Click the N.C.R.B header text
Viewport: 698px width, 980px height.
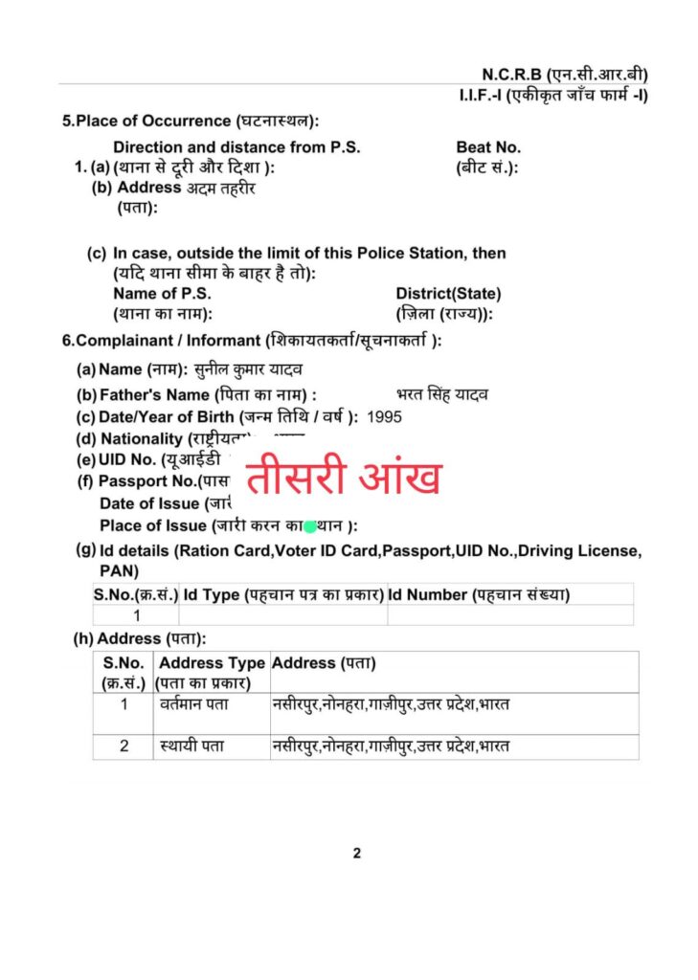point(564,75)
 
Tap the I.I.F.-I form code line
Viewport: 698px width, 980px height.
point(553,96)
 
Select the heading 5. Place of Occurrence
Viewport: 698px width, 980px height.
point(191,122)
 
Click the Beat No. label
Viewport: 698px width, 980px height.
point(488,147)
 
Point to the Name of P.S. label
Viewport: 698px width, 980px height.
point(162,294)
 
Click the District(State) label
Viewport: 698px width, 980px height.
point(448,294)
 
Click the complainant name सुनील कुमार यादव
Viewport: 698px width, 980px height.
point(249,368)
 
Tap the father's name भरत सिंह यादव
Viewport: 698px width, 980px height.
point(441,393)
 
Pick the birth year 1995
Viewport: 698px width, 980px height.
point(384,417)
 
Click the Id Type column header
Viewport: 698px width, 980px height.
point(283,594)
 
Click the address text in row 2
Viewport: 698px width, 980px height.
point(391,746)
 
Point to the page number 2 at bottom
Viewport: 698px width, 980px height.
point(356,854)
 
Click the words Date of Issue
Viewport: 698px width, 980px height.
point(149,503)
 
